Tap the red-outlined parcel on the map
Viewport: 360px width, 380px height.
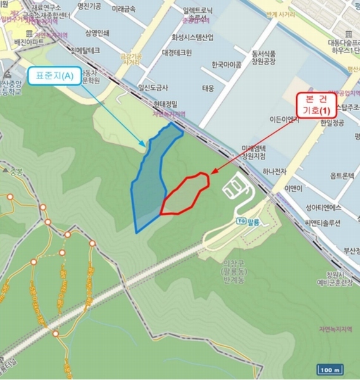tap(185, 194)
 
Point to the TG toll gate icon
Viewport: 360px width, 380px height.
tap(241, 221)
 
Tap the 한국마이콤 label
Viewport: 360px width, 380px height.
tap(227, 64)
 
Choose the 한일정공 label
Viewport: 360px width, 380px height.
tap(334, 123)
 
